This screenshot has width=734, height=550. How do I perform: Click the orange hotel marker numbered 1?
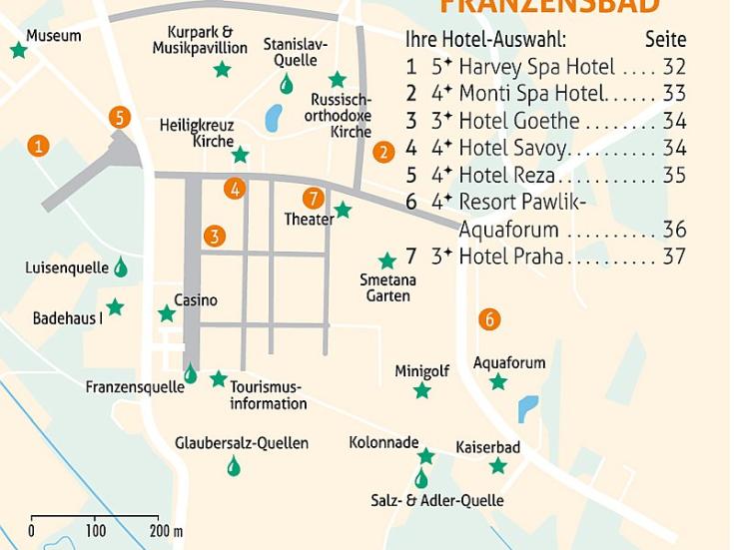coord(38,146)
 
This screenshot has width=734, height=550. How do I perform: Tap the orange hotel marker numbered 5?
coord(120,118)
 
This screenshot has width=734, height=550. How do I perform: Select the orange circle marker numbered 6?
coord(488,319)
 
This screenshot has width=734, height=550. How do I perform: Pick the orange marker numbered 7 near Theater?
coord(314,198)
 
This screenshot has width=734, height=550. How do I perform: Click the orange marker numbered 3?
coord(214,237)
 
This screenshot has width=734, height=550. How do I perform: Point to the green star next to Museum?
coord(18,50)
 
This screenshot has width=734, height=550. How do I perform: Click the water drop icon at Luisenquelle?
coord(121,267)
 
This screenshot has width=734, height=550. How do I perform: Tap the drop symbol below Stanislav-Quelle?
coord(287,84)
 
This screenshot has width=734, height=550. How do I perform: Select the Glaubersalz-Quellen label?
coord(242,442)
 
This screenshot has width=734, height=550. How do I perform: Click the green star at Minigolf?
coord(422,390)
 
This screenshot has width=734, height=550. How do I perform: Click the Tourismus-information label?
coord(268,395)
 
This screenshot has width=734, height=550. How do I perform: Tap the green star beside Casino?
coord(166,314)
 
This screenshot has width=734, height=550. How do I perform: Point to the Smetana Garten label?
coord(388,287)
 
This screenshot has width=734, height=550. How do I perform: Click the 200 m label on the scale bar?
coord(166,530)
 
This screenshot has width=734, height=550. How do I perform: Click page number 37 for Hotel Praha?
coord(674,257)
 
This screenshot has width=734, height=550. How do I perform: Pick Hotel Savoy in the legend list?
coord(512,148)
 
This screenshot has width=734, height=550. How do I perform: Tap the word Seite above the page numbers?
coord(665,40)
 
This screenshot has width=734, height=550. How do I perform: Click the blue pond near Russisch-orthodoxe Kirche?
coord(274,119)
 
